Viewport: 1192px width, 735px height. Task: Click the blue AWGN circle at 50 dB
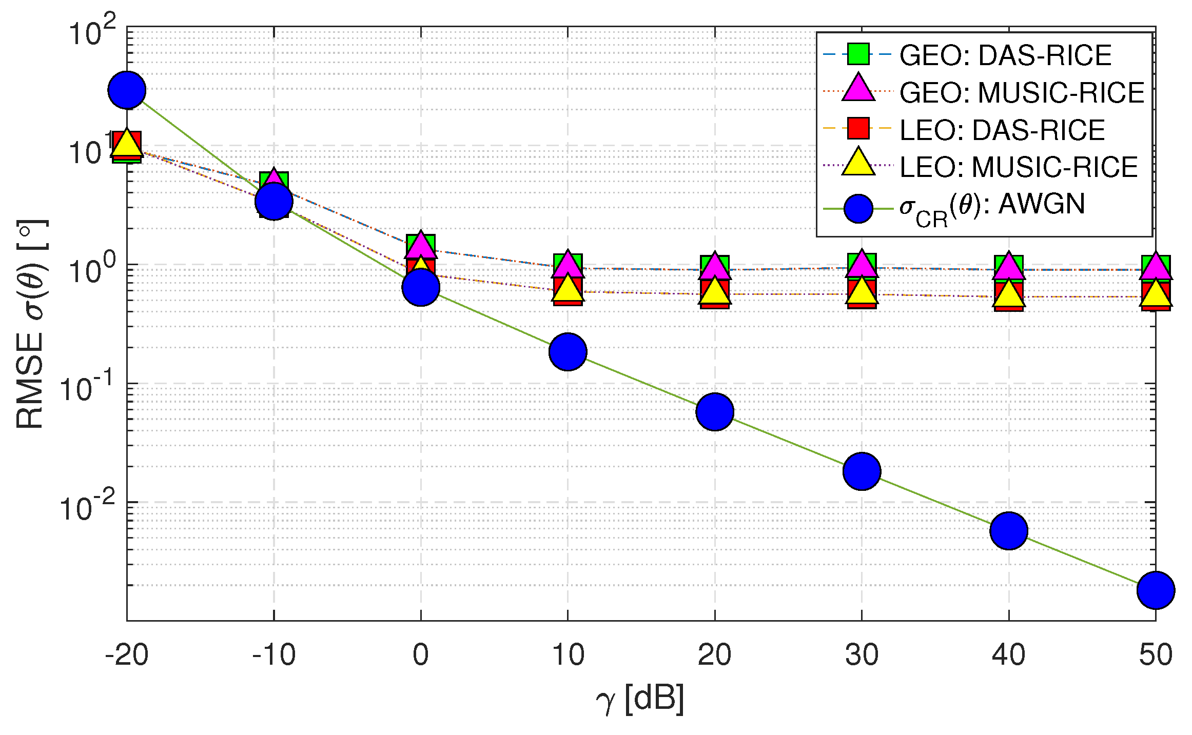(x=1156, y=590)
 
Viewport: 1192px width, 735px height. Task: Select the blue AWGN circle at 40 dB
(x=1009, y=530)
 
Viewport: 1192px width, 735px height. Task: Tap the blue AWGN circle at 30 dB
(x=862, y=471)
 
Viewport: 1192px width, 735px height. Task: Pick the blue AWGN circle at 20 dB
(x=715, y=412)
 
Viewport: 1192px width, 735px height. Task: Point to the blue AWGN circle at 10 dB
(x=568, y=351)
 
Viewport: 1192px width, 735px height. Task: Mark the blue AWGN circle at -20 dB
(x=127, y=90)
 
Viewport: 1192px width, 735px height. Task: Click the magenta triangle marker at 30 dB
(x=862, y=264)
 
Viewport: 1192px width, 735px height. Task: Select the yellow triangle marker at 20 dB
(x=715, y=291)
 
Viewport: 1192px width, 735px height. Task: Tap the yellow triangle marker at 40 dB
(x=1009, y=294)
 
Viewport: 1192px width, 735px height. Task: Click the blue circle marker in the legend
(x=858, y=208)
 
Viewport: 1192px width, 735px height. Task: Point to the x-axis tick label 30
(x=862, y=655)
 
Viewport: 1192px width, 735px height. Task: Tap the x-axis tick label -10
(x=273, y=655)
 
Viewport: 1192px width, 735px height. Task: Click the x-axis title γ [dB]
(x=640, y=700)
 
